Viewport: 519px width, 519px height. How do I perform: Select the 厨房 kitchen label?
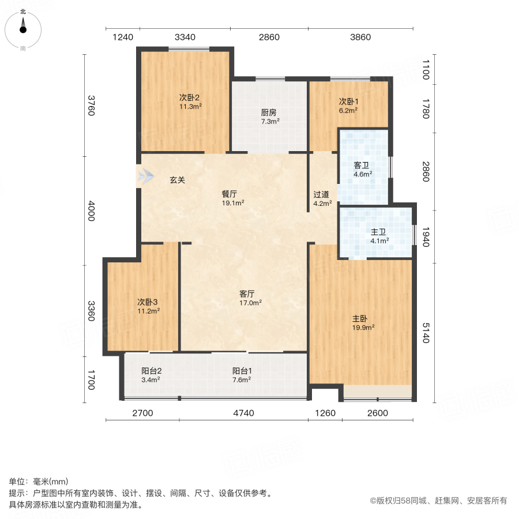tap(269, 112)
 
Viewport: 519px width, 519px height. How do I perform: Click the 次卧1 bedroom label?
tap(348, 101)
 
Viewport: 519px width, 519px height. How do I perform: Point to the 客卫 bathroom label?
tap(362, 165)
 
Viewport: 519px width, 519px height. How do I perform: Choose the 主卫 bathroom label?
tap(379, 232)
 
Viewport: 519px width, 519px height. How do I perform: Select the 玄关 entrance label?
tap(177, 180)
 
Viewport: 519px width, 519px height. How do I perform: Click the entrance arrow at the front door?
tap(145, 176)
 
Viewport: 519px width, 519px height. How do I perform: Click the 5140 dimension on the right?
tap(427, 333)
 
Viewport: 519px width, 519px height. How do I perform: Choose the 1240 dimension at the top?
tap(122, 37)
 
